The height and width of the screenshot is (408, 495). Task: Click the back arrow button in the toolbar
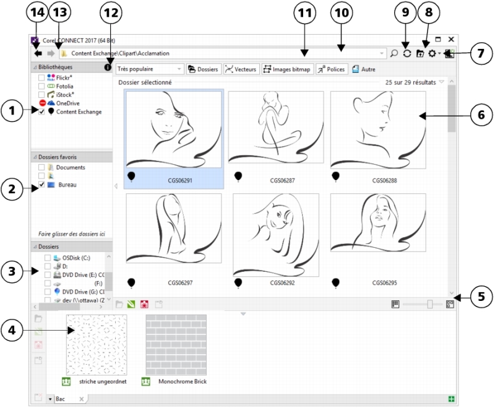point(38,53)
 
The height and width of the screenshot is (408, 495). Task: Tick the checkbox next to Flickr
point(41,77)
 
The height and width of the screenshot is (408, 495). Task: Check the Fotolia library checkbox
point(41,86)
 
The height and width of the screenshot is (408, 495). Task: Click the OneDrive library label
point(67,103)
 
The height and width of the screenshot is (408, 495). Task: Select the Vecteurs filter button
point(241,69)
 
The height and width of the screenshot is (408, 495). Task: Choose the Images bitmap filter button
point(287,69)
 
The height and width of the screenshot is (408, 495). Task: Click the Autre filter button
point(364,69)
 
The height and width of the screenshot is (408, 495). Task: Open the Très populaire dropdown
point(150,69)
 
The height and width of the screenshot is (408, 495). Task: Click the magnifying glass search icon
point(394,53)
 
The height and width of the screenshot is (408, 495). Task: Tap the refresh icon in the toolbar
point(407,53)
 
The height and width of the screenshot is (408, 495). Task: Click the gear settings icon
point(432,53)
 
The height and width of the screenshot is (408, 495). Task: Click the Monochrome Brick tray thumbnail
point(176,345)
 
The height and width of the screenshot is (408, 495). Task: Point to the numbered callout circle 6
point(481,115)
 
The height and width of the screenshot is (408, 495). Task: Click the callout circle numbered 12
point(111,12)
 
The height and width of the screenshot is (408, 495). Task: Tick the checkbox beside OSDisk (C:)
point(48,258)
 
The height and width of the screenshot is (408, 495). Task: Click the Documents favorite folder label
point(71,167)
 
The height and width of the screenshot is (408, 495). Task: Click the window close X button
point(451,39)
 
